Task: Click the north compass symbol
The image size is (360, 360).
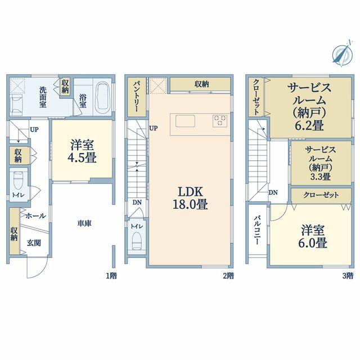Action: (x=343, y=53)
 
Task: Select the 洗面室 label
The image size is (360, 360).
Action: (x=43, y=97)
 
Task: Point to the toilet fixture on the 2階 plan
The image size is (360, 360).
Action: (x=136, y=240)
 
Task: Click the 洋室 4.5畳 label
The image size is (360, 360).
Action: (x=82, y=151)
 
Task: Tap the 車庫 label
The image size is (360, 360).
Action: (x=84, y=223)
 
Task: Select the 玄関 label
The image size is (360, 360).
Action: (x=34, y=243)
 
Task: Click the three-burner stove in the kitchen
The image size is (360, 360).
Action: (x=220, y=121)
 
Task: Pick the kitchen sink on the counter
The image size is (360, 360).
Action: (x=185, y=121)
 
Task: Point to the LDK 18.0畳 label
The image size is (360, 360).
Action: (x=190, y=198)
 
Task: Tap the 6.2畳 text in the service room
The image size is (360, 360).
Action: (x=309, y=125)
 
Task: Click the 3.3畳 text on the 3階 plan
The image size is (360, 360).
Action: (x=321, y=177)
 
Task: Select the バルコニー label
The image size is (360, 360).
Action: (x=258, y=230)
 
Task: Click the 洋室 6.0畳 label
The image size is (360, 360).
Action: (x=313, y=236)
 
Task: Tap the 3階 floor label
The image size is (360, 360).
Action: (x=348, y=276)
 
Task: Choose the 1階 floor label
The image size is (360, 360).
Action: (x=111, y=276)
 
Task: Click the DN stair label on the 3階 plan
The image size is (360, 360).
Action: (x=273, y=192)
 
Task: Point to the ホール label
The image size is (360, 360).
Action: (x=35, y=216)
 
